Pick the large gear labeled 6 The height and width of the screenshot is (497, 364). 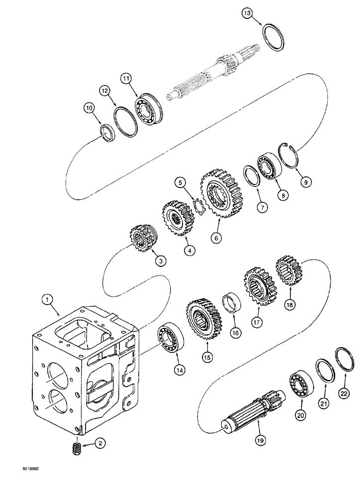coord(217,194)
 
